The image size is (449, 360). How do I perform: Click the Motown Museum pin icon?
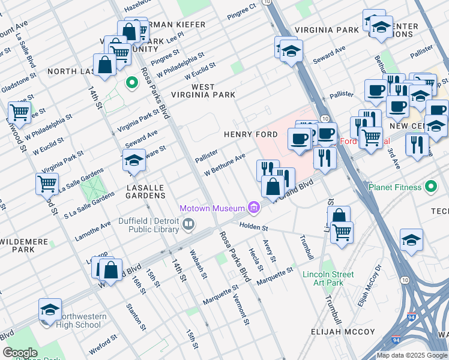point(255,208)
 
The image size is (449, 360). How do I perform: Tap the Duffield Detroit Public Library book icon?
point(188,225)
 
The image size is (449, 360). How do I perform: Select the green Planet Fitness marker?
point(430,187)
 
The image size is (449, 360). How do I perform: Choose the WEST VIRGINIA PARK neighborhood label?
point(204,91)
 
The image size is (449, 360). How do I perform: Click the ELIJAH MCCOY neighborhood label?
point(343,332)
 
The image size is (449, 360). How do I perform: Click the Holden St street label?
point(253,226)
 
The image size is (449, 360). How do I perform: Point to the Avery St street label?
point(269,251)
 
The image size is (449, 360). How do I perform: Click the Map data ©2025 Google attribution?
point(411,355)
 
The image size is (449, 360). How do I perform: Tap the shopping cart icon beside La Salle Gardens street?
point(47,182)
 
